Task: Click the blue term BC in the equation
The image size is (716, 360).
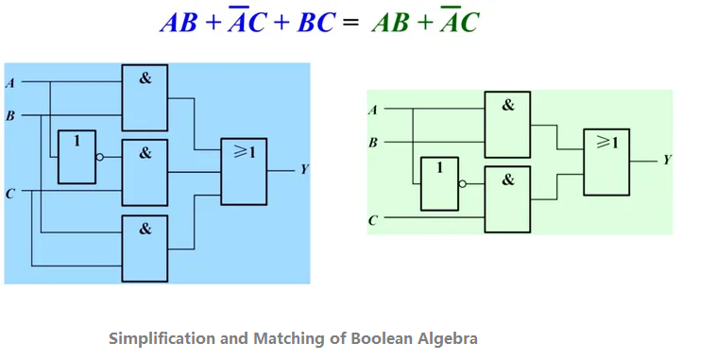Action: tap(315, 24)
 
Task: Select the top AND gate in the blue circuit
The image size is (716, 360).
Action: tap(145, 97)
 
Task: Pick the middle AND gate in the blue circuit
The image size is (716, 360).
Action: tap(145, 172)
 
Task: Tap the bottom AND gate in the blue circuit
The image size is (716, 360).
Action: tap(145, 248)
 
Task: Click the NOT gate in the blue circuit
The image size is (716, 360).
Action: tap(77, 157)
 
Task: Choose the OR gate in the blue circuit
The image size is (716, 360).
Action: tap(245, 171)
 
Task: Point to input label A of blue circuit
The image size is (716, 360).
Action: tap(10, 83)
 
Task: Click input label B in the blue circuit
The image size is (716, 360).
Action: tap(10, 116)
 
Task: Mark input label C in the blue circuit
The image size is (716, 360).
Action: tap(10, 193)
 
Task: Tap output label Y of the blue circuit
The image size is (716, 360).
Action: tap(304, 170)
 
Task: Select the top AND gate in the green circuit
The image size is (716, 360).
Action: tap(507, 124)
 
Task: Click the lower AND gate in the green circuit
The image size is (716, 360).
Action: tap(507, 198)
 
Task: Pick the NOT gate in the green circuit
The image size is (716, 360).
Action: tap(439, 183)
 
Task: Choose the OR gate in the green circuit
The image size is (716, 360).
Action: tap(606, 161)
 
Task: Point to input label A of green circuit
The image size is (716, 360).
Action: tap(373, 110)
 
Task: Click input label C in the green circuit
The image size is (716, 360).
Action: tap(373, 220)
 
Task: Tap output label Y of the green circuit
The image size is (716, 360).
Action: tap(667, 161)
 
